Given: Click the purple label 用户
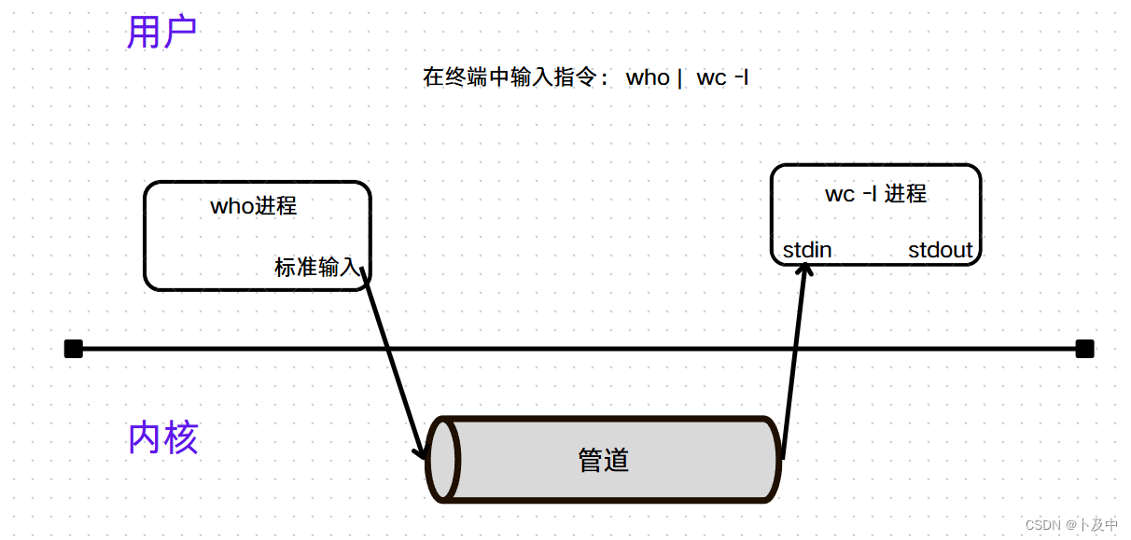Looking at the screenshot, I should coord(161,33).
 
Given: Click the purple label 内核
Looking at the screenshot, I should coord(163,437).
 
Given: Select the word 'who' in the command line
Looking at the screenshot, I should coord(648,77).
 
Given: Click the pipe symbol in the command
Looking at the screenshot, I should coord(679,78).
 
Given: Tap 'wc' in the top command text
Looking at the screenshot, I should coord(711,77).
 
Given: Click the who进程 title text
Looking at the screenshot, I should coord(254,205).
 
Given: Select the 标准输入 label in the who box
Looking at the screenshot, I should coord(315,268).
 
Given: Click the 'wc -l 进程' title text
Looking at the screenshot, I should coord(875,193).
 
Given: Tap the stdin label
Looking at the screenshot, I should coord(807,250).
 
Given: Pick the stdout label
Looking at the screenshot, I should coord(940,250).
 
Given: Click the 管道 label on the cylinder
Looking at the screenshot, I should coord(604,460).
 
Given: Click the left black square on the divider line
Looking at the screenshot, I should coord(74,349).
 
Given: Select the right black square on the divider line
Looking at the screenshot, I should coord(1084,349).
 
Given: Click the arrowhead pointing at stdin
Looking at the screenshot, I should coord(805,269).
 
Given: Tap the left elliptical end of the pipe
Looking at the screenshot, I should coord(443,460).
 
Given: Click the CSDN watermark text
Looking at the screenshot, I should coord(1070,525).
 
